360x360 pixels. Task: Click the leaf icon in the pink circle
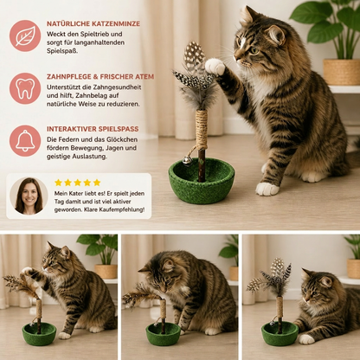tap(25, 35)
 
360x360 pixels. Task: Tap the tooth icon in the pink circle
tap(25, 88)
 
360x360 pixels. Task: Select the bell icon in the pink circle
tap(25, 140)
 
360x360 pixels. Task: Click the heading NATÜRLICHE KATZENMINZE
tap(93, 23)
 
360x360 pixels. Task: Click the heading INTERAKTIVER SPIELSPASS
tap(93, 129)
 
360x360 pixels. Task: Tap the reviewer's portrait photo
tap(29, 196)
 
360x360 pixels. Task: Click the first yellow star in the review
tap(58, 183)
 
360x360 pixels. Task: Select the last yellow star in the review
tap(97, 183)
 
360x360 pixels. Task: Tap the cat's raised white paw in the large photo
tap(215, 66)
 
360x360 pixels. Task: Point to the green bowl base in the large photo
tap(202, 181)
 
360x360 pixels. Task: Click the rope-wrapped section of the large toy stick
tap(202, 127)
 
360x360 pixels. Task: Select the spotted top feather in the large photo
tap(194, 55)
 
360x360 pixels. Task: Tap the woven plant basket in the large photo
tap(342, 72)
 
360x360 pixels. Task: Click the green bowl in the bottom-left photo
tap(39, 334)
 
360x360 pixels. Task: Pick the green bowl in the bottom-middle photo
tap(163, 334)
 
